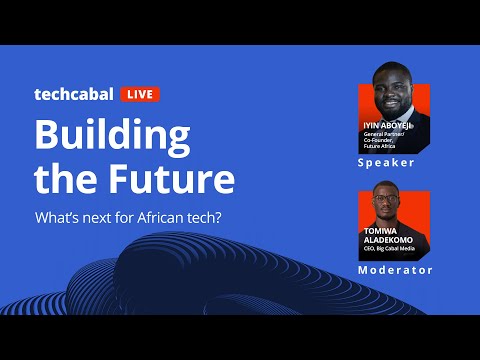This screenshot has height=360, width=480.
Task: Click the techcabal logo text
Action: [x=74, y=95]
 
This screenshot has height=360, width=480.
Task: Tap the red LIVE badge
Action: [x=140, y=95]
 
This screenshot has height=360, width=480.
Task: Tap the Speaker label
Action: [x=385, y=161]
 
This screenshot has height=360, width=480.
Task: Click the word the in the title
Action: [x=65, y=180]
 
